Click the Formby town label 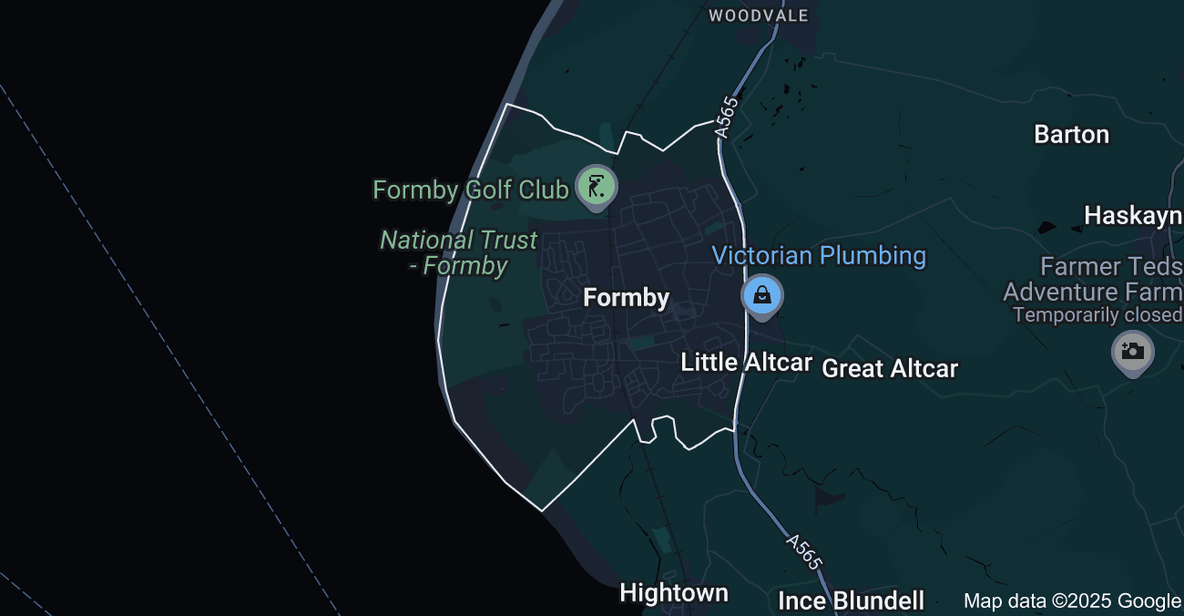coord(626,298)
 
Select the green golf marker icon coord(597,187)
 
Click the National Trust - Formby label coord(458,252)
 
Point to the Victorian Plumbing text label coord(818,255)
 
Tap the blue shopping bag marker coord(761,295)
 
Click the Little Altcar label coord(746,362)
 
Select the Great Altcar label coord(889,368)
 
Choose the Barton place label coord(1071,135)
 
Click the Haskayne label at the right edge coord(1133,216)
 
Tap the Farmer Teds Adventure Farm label coord(1093,279)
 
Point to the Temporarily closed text coord(1097,315)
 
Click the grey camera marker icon coord(1132,351)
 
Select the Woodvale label coord(758,15)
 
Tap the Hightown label coord(673,592)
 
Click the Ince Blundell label coord(851,601)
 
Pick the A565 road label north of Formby coord(726,118)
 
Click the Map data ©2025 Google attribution coord(1071,601)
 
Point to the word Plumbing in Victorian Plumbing coord(872,255)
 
